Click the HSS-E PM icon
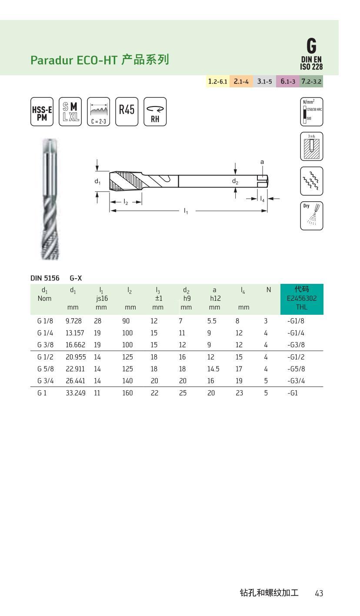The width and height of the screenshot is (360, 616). (42, 112)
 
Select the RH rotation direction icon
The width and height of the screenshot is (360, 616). (155, 112)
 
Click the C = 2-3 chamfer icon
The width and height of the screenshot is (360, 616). (98, 112)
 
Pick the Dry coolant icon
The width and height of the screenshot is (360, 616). (311, 216)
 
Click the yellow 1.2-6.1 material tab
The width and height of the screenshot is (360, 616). (217, 81)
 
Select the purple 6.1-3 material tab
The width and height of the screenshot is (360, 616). (287, 81)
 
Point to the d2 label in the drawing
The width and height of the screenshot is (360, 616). (235, 181)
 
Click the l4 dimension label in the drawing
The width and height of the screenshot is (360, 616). (262, 199)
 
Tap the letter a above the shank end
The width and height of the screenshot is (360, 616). (262, 162)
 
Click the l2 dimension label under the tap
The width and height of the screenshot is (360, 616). (126, 202)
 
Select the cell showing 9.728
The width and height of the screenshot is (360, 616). (73, 321)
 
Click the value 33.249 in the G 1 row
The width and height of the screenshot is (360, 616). (75, 393)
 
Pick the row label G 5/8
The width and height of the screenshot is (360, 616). (45, 369)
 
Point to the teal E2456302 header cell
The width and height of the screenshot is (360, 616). (302, 299)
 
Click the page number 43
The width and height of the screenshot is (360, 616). (319, 593)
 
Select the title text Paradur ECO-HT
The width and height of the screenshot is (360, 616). (74, 60)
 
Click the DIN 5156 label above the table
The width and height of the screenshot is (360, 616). (45, 278)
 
